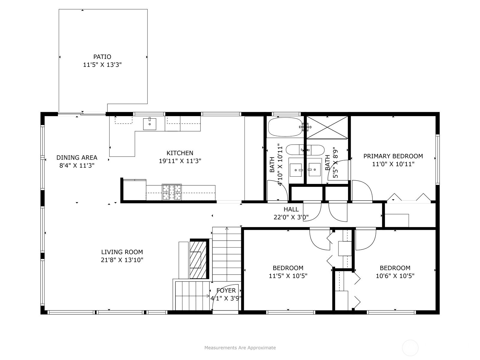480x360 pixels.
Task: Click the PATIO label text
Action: (102, 57)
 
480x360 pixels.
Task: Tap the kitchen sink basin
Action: (150, 124)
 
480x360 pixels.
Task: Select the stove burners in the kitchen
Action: (172, 192)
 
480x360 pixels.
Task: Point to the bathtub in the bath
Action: (285, 127)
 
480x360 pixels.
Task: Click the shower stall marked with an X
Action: (327, 127)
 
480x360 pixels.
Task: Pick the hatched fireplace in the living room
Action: (198, 259)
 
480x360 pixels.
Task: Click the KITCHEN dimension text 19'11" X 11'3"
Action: (180, 161)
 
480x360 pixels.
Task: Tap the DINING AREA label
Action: (77, 157)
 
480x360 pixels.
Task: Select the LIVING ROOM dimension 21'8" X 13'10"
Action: (122, 260)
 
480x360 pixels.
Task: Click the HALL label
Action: (291, 209)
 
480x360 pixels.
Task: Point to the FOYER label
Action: (226, 290)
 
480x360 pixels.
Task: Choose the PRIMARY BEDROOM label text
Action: (393, 156)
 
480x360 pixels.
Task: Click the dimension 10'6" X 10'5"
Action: (395, 276)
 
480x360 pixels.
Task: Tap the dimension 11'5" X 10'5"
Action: (288, 276)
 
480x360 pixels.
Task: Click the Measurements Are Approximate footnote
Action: (240, 347)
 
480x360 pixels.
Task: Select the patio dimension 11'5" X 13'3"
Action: (102, 65)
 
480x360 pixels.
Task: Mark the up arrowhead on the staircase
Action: (227, 229)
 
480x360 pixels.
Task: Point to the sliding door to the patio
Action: (82, 113)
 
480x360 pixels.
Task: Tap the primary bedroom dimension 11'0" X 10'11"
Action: (393, 164)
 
